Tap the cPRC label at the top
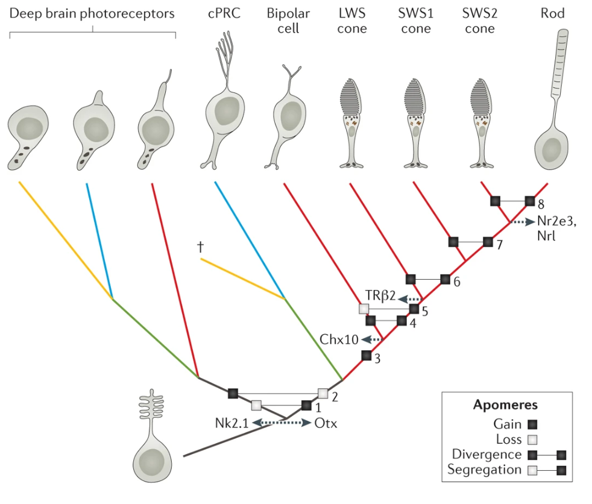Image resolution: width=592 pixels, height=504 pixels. point(224,13)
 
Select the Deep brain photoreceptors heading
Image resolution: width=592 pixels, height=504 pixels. point(92,13)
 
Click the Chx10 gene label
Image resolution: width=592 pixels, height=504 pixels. point(339,339)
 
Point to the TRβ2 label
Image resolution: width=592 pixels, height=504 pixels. point(380,295)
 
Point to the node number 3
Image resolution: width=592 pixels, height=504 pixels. point(377,359)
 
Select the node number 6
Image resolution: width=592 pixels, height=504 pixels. point(456,282)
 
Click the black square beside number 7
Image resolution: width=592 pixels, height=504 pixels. point(488,242)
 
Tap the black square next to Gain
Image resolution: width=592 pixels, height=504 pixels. point(532,425)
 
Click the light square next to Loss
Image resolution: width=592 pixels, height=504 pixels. point(532,440)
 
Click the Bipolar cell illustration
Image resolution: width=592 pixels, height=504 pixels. point(288,121)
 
